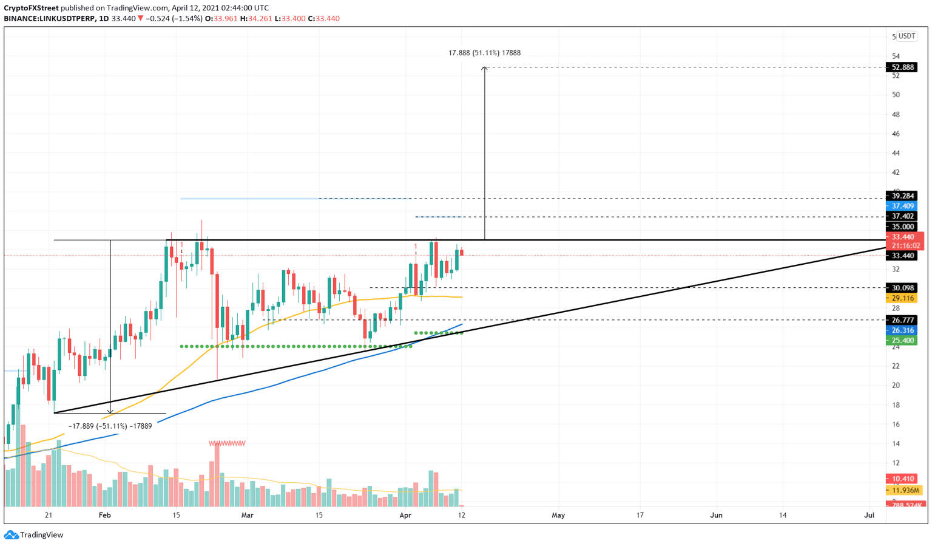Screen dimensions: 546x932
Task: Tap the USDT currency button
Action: coord(907,36)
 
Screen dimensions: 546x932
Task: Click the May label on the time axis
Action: coord(558,515)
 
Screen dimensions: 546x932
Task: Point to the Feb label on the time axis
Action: coord(105,515)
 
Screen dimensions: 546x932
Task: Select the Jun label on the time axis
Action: coord(717,515)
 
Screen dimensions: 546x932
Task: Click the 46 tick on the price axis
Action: coord(896,134)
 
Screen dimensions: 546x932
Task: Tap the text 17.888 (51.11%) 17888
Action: coord(484,53)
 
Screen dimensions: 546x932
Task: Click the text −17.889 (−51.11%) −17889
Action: coord(110,426)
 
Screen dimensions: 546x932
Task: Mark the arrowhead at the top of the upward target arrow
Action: coord(484,69)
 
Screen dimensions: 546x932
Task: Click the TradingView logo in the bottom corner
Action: coord(34,535)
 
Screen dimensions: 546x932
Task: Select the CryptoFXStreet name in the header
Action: coord(31,8)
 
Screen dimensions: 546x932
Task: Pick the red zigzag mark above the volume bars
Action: coord(227,443)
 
